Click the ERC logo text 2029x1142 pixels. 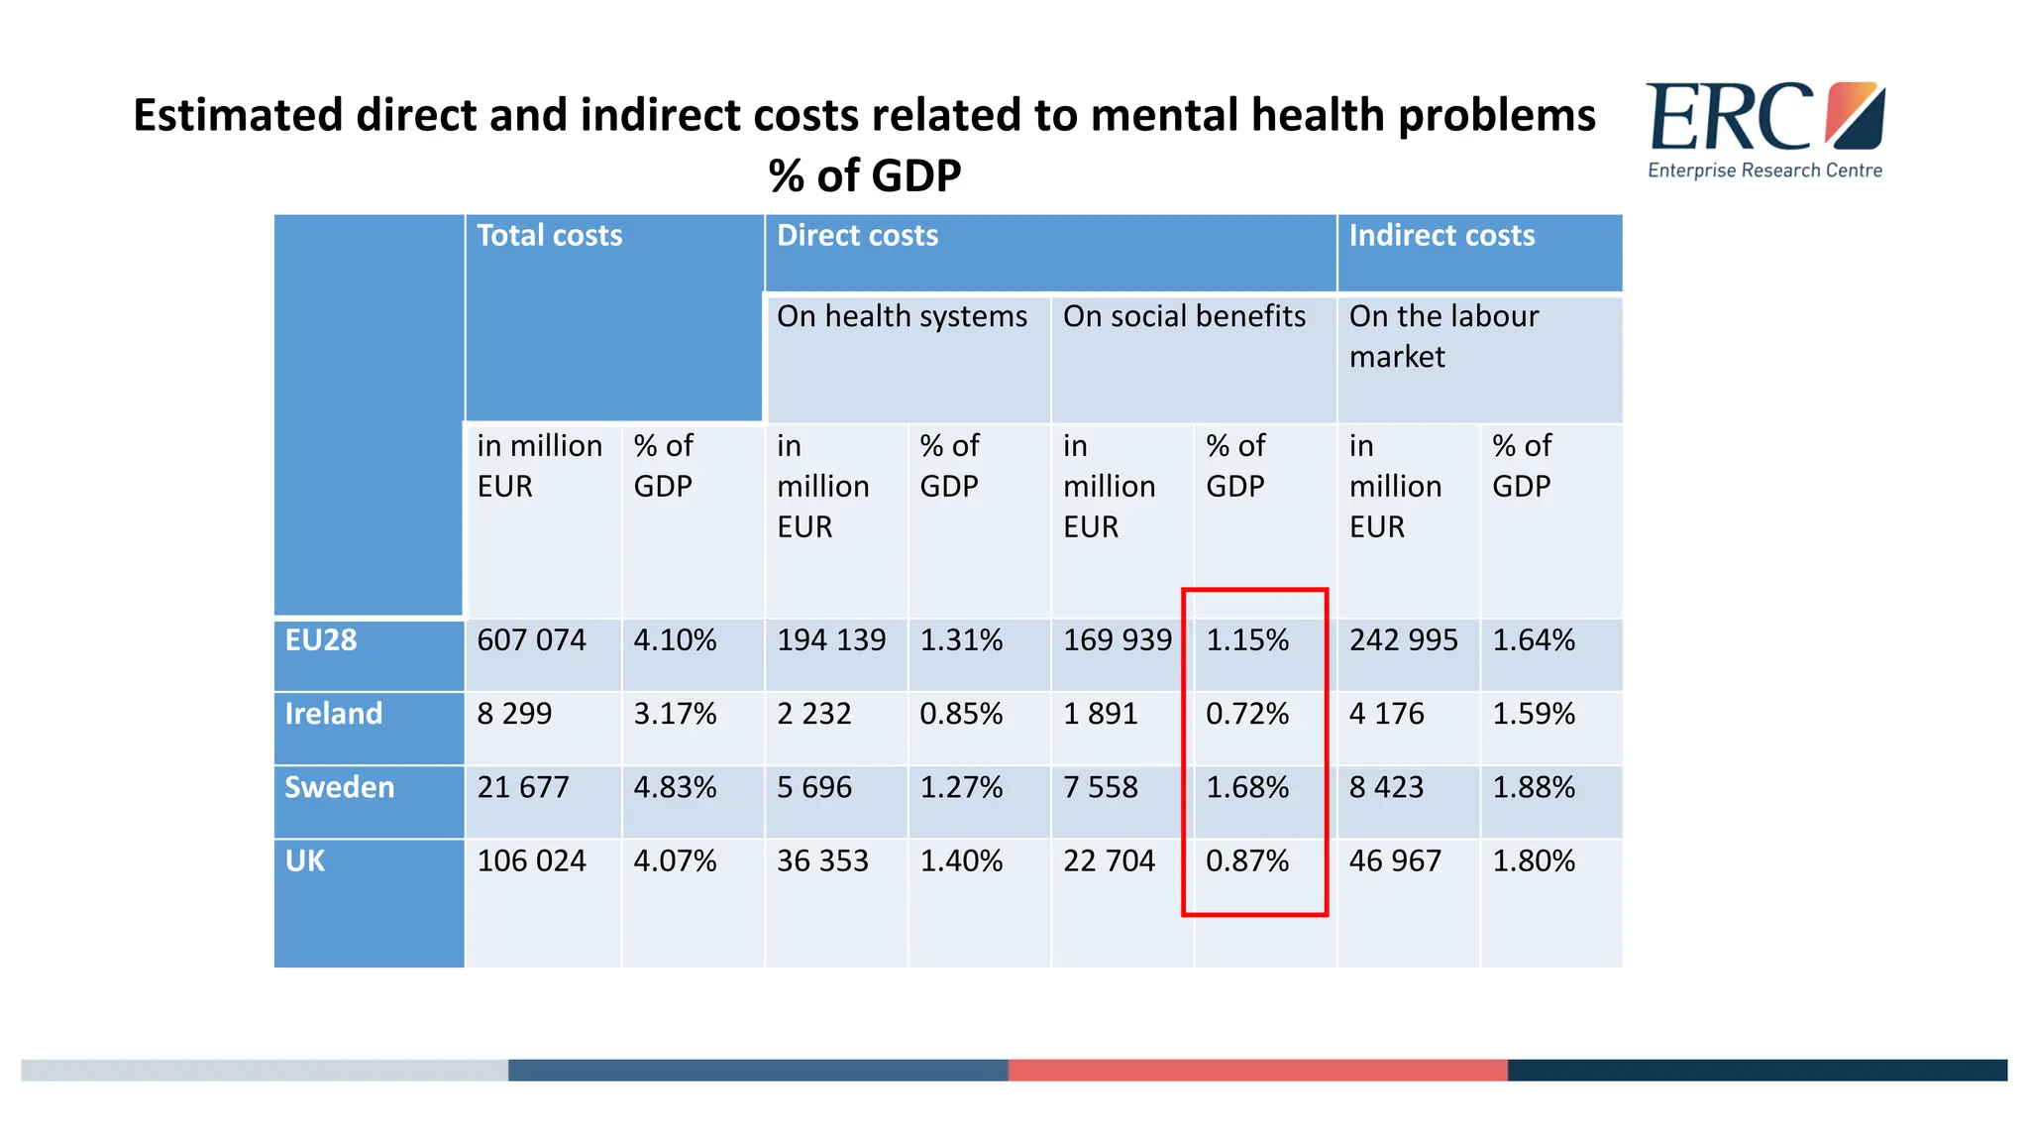[1729, 118]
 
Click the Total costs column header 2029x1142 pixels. [550, 236]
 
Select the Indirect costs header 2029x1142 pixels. [1442, 236]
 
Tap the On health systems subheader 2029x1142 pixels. [902, 316]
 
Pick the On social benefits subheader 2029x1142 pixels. [1184, 316]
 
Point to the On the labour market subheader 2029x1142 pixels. [1442, 336]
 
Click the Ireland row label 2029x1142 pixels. [334, 714]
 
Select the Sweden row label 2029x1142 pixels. [340, 787]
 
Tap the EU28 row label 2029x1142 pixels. [321, 640]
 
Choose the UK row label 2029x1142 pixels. [305, 860]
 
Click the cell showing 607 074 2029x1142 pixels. [532, 640]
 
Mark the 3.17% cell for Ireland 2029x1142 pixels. [675, 714]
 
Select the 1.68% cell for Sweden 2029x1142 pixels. [1247, 787]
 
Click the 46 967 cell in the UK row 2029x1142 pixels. [1395, 860]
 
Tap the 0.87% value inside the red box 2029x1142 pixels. [1247, 860]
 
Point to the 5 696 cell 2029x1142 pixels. [814, 787]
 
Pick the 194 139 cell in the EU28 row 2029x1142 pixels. [831, 640]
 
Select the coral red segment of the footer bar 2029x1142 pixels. [1257, 1070]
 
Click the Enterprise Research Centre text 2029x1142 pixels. [1764, 171]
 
